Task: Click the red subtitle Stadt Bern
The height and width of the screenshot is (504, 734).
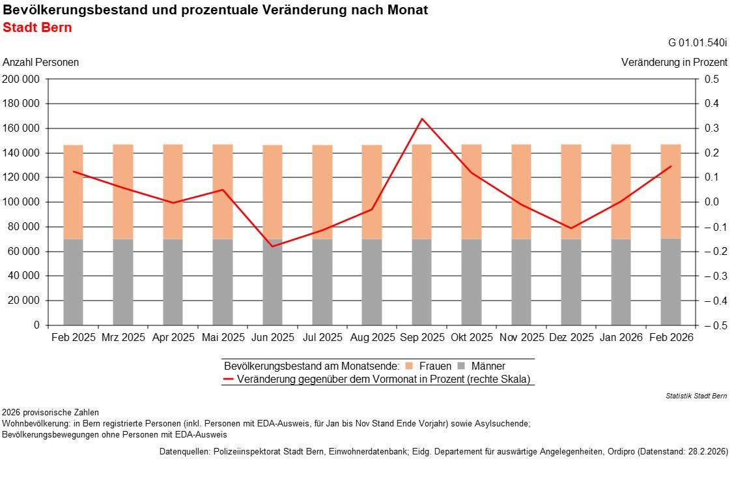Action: click(37, 28)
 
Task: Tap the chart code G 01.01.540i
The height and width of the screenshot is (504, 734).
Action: click(698, 43)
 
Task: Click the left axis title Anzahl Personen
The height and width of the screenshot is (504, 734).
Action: click(41, 63)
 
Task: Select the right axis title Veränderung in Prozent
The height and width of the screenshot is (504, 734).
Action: click(674, 63)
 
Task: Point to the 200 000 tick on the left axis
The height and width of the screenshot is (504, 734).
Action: click(22, 80)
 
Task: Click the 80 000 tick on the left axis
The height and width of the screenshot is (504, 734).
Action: click(25, 227)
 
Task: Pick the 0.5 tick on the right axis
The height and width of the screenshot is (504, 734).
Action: click(711, 80)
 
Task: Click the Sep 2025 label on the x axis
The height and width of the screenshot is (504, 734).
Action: click(422, 338)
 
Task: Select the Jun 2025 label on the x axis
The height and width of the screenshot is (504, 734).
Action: click(273, 338)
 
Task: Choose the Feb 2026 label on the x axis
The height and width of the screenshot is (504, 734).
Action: click(671, 338)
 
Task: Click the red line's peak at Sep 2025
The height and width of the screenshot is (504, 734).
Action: click(422, 119)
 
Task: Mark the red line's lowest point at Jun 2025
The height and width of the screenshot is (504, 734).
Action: click(272, 246)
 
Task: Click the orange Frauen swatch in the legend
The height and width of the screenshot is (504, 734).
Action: click(409, 366)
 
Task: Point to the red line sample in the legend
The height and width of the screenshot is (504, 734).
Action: click(229, 379)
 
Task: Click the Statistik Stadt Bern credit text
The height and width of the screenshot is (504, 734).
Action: click(696, 396)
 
